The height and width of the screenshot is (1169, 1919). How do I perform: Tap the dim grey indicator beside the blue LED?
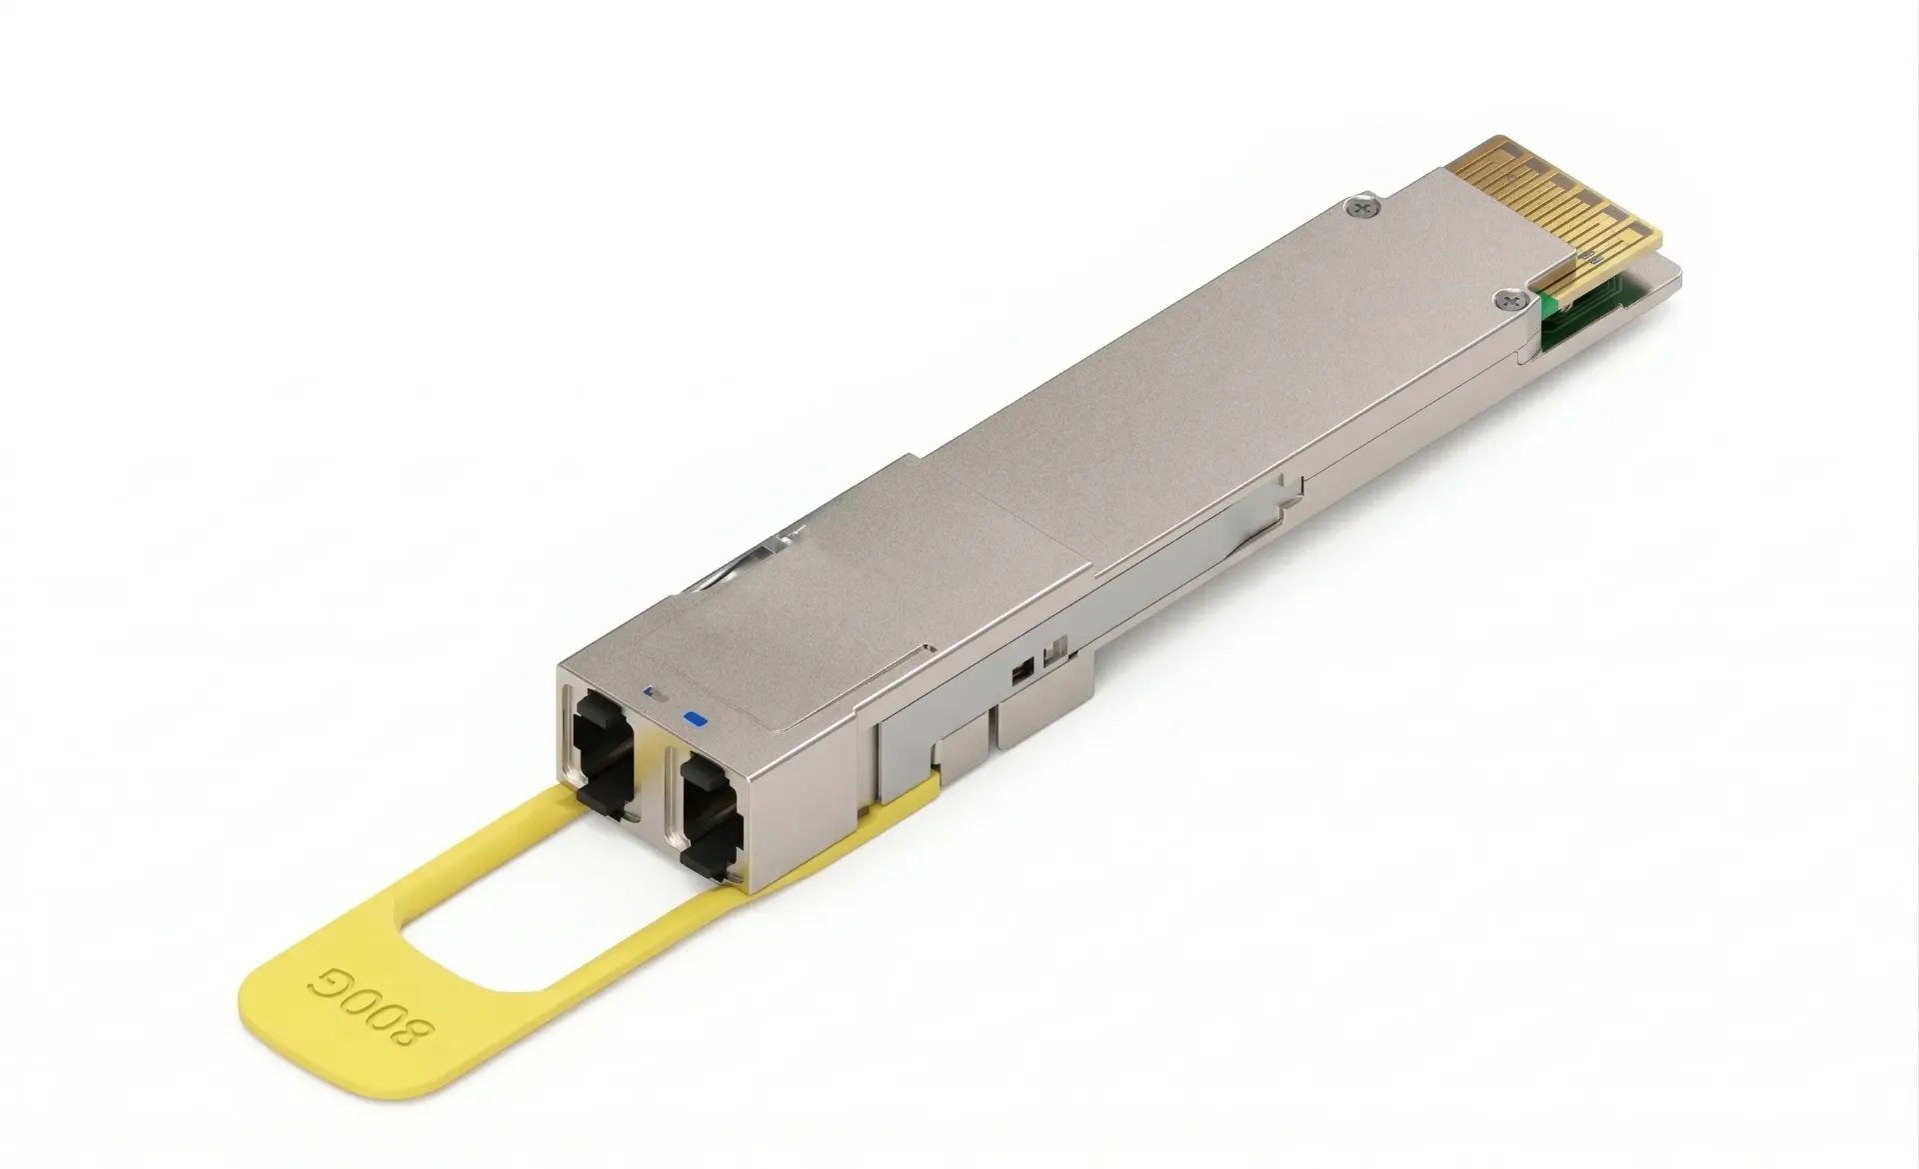[x=657, y=692]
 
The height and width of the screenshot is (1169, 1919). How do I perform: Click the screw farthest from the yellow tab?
[x=1359, y=207]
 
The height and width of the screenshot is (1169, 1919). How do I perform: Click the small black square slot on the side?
[x=1019, y=671]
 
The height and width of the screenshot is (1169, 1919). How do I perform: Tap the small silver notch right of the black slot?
[x=1049, y=657]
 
